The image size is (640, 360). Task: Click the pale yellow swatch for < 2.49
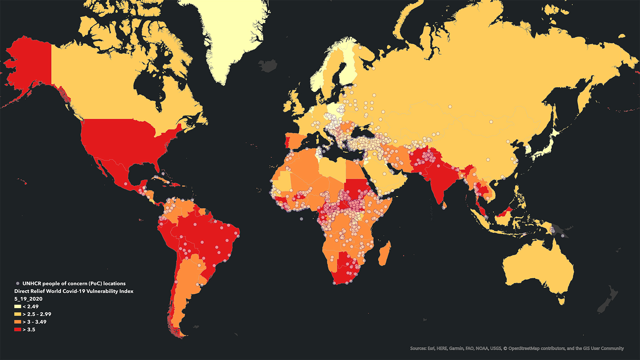(17, 306)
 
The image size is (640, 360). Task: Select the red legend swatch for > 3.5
(17, 329)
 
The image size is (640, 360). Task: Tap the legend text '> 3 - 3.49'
(34, 322)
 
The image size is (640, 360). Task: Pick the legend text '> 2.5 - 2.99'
(37, 314)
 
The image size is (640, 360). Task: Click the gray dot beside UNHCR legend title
(17, 284)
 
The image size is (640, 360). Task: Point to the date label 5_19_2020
(28, 299)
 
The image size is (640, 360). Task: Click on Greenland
(228, 32)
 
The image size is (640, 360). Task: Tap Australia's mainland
(537, 267)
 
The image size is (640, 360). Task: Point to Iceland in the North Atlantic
(267, 66)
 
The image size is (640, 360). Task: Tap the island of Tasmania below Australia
(561, 301)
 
